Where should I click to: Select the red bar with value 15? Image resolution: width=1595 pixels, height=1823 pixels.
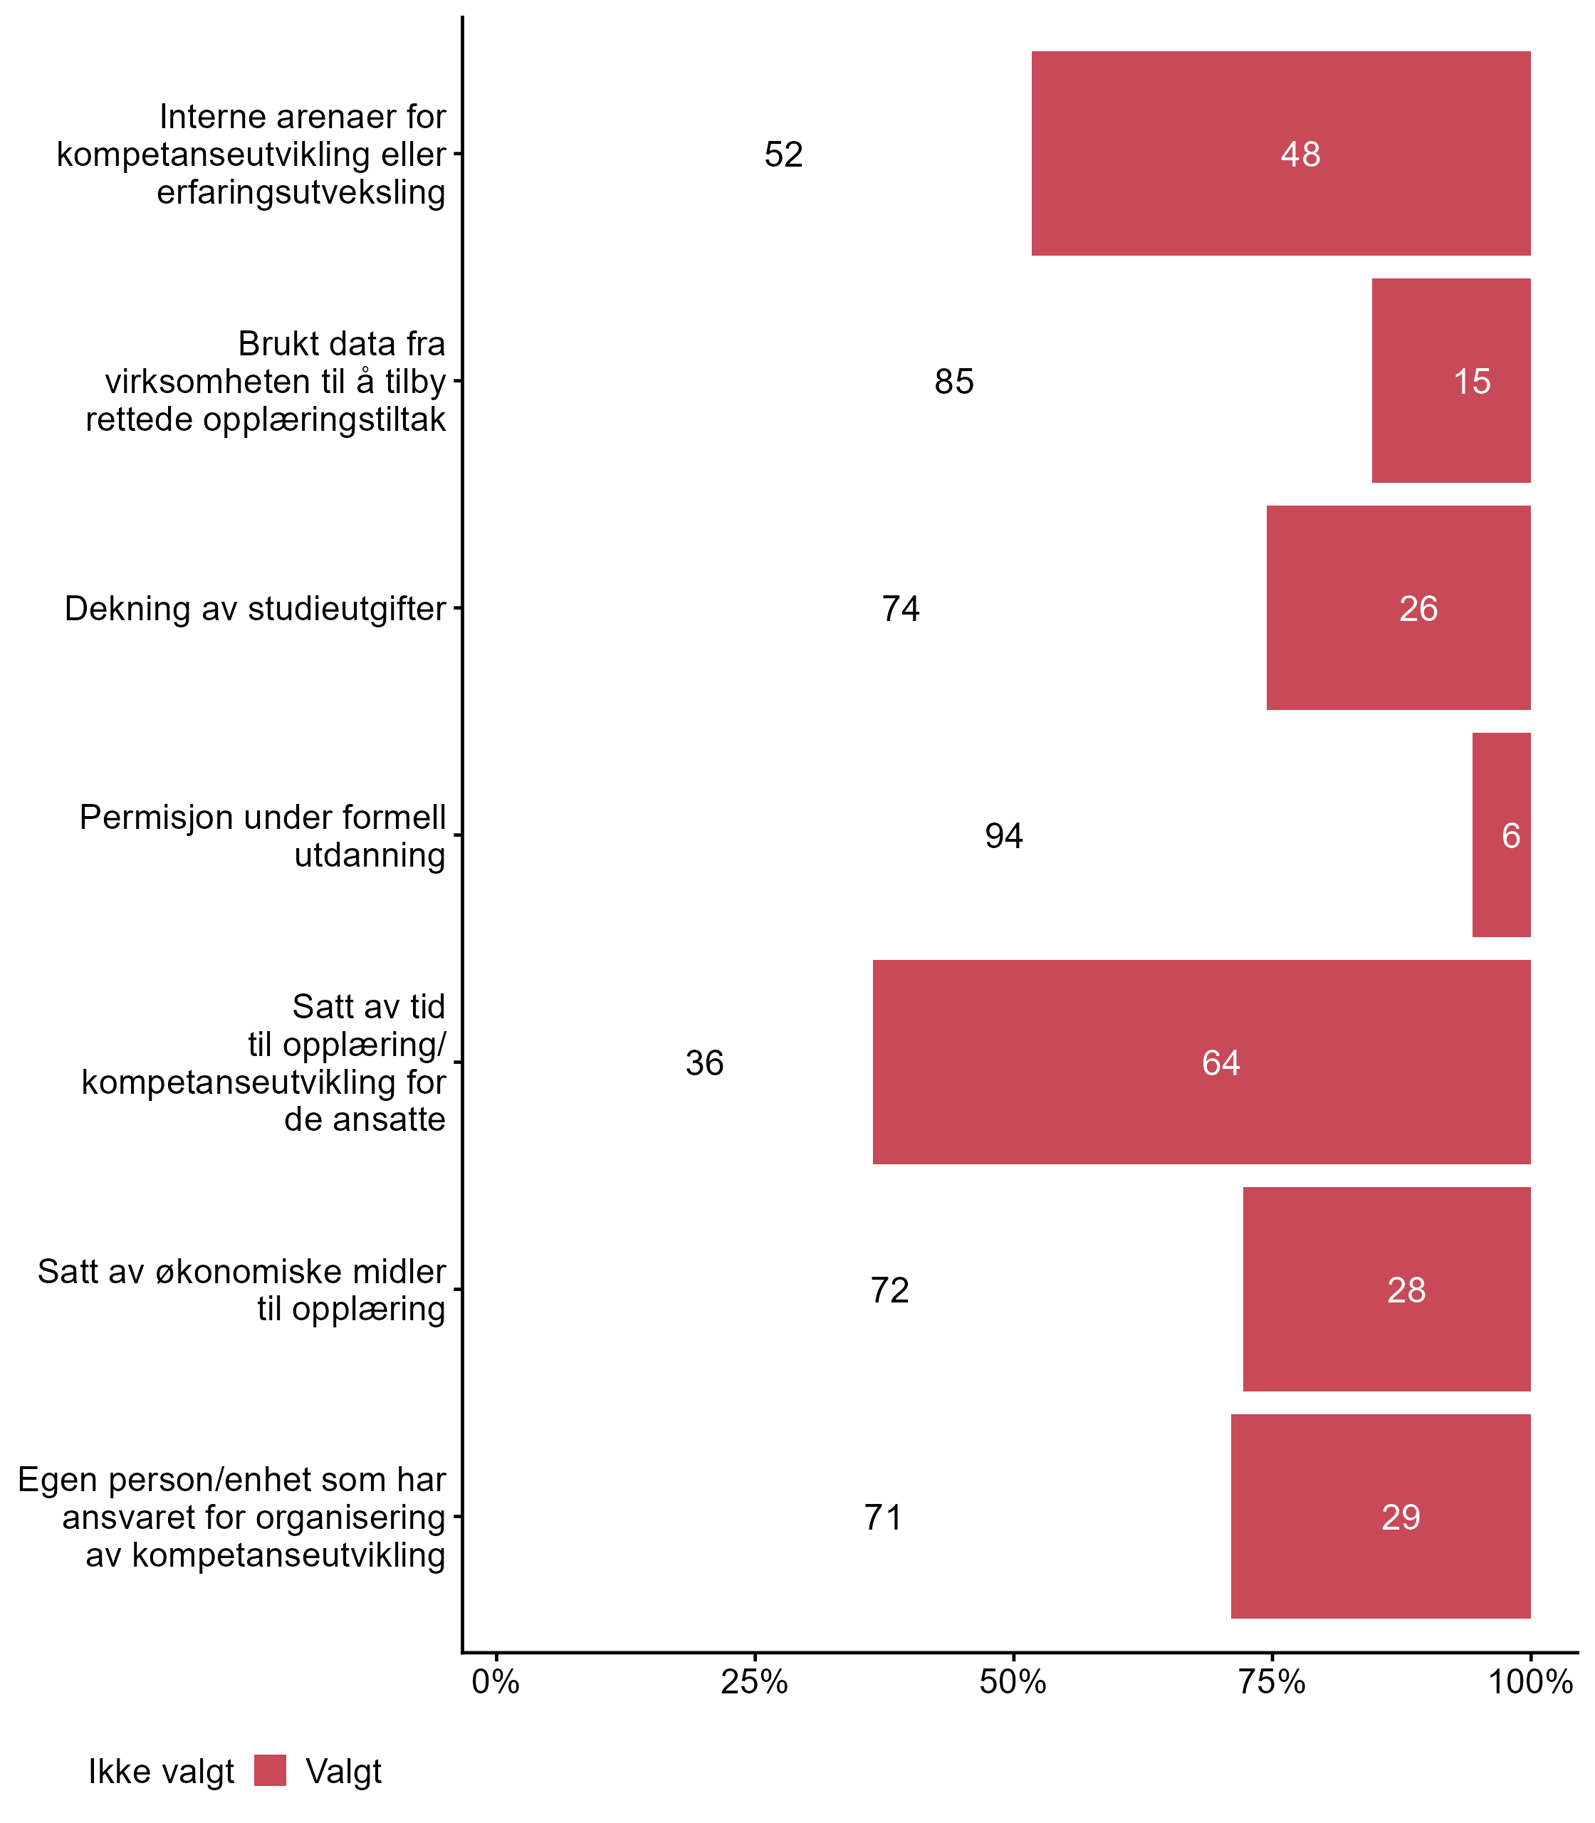click(x=1451, y=380)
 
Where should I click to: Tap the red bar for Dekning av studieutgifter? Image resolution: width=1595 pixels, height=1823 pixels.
click(x=1397, y=608)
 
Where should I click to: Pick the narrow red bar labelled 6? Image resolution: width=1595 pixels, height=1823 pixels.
click(x=1501, y=835)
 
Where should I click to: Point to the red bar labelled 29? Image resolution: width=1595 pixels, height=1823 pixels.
click(x=1380, y=1516)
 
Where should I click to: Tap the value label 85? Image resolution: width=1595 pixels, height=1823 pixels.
click(x=953, y=382)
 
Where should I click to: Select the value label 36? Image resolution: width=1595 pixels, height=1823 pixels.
click(x=704, y=1062)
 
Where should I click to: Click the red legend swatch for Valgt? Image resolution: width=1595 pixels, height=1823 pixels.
click(x=270, y=1770)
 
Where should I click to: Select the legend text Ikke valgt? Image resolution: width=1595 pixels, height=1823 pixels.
click(x=161, y=1772)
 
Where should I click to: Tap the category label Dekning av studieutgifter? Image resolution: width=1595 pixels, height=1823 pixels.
click(x=255, y=609)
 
